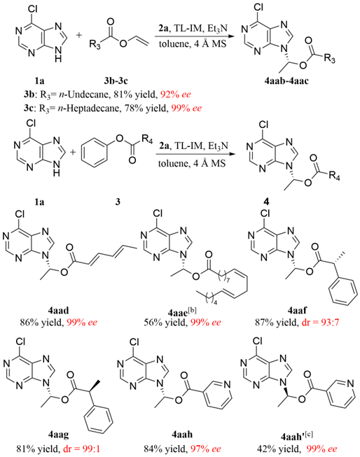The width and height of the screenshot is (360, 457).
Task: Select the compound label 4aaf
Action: pyautogui.click(x=297, y=311)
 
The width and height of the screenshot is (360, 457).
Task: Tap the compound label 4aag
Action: pyautogui.click(x=58, y=435)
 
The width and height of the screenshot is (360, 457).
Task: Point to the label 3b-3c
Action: pyautogui.click(x=116, y=80)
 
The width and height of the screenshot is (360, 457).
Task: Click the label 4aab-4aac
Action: pyautogui.click(x=286, y=80)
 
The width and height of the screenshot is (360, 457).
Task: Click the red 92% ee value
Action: pyautogui.click(x=176, y=94)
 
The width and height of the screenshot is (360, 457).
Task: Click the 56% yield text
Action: pyautogui.click(x=165, y=323)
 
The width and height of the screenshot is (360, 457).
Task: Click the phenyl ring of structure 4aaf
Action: pyautogui.click(x=343, y=290)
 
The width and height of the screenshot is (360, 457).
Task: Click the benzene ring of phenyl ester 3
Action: pyautogui.click(x=94, y=153)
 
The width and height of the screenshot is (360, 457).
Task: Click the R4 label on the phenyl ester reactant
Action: pyautogui.click(x=148, y=139)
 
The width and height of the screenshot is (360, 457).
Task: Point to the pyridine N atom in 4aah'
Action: pyautogui.click(x=350, y=384)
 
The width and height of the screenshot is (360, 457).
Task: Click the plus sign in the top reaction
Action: pyautogui.click(x=79, y=35)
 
